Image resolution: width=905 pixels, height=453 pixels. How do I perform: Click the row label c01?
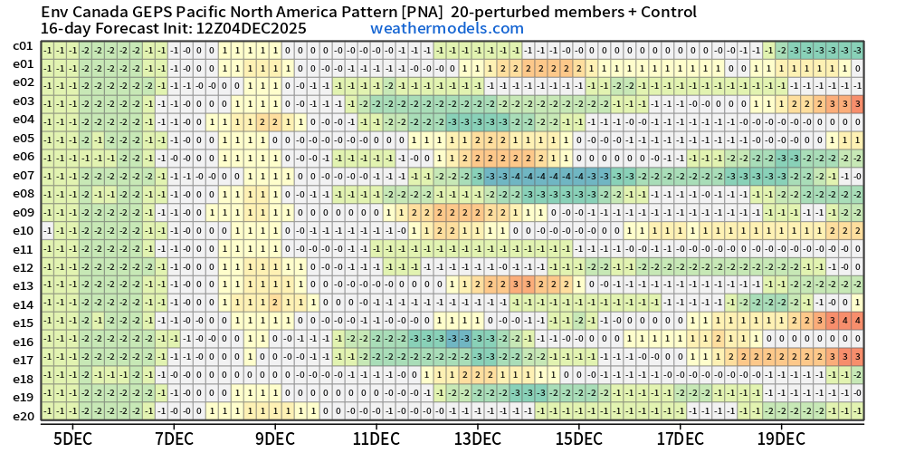[x=23, y=46]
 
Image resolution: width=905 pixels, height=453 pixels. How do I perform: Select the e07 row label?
[x=23, y=175]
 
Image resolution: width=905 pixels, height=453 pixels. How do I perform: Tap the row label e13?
[x=23, y=285]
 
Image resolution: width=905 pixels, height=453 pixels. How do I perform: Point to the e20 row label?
[x=23, y=415]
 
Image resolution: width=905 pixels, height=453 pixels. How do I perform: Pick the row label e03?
[x=23, y=101]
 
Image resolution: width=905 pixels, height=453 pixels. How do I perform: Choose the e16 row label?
[x=23, y=342]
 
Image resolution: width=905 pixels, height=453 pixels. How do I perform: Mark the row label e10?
[x=23, y=230]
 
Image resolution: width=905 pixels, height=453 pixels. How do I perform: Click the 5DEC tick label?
[x=72, y=439]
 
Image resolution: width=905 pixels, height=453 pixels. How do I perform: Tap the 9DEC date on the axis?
[x=275, y=439]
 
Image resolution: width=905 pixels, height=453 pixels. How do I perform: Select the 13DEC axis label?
[x=477, y=439]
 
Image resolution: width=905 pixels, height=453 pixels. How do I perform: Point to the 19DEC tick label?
[x=781, y=439]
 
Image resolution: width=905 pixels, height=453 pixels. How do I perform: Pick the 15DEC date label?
[x=578, y=439]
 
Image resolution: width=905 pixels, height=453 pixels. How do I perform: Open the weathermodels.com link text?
[x=447, y=28]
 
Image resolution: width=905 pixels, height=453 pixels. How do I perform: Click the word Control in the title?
[x=665, y=12]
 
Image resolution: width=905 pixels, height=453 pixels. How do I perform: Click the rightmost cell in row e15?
[x=856, y=323]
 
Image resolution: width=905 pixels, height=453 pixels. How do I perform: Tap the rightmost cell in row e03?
[x=856, y=101]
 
